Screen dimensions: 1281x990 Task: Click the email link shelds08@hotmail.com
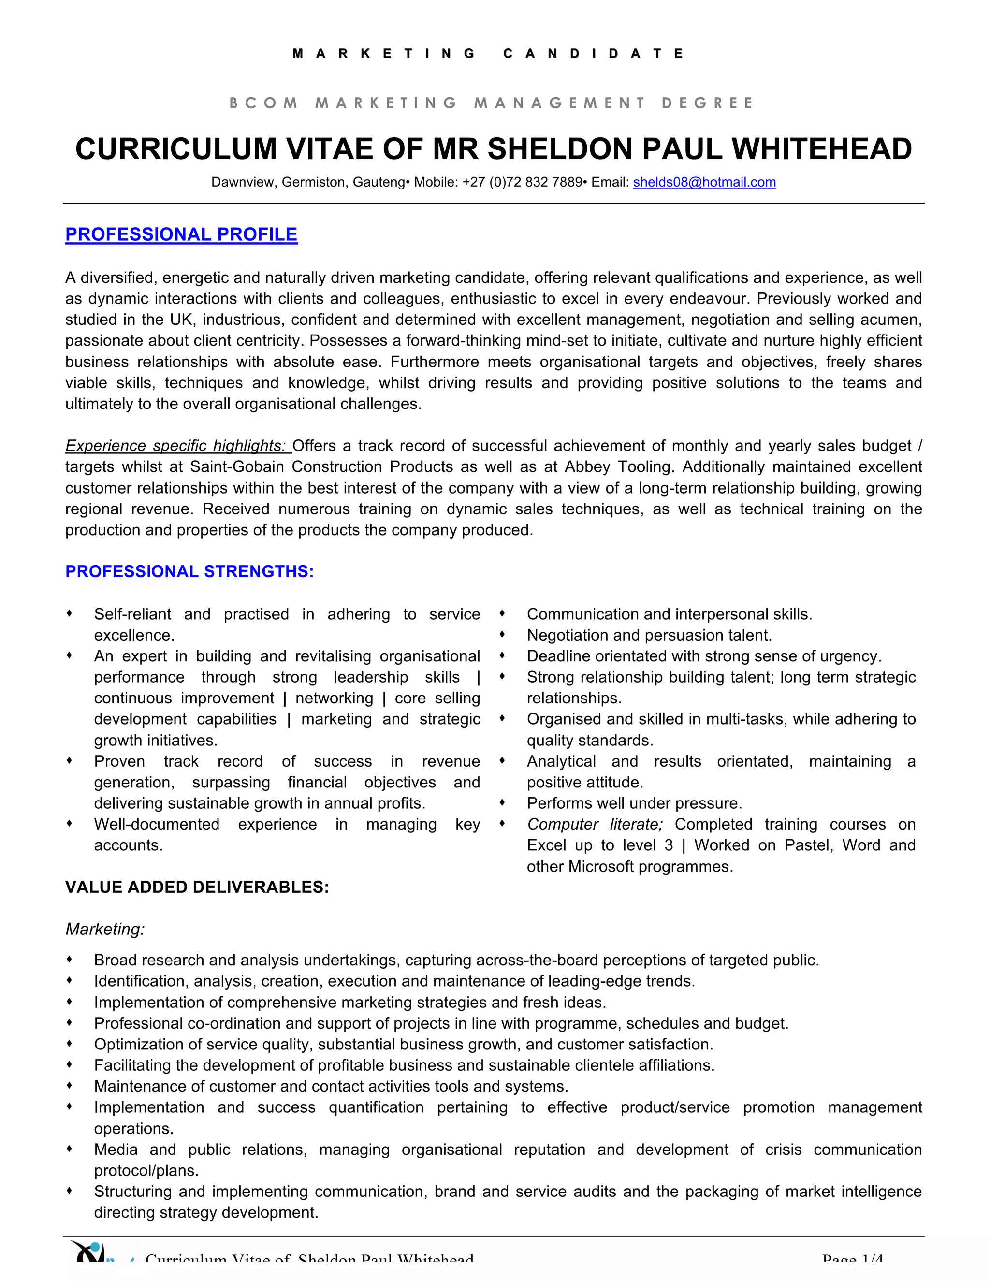coord(704,182)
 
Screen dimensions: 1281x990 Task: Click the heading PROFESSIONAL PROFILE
coord(181,234)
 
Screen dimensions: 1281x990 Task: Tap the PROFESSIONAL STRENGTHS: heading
coord(189,571)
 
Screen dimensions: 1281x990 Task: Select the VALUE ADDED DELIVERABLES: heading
coord(197,887)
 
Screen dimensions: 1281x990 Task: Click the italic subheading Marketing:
coord(105,929)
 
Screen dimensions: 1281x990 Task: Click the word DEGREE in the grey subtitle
coord(707,103)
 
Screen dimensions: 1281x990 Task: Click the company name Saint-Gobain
coord(237,467)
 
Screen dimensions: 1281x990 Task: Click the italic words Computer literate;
coord(595,824)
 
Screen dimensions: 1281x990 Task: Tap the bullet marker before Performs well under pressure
coord(502,802)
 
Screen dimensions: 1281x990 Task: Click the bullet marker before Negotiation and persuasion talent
coord(502,634)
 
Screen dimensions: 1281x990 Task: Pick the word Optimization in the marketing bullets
coord(138,1045)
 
